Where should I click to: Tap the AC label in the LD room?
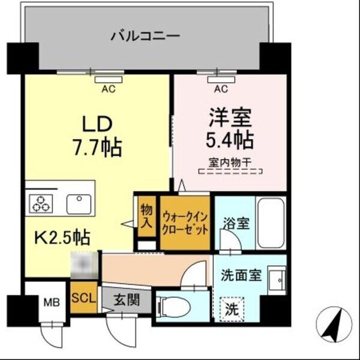108,90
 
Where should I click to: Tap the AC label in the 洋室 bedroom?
220,90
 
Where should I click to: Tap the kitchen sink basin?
78,204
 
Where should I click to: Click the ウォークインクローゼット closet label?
185,221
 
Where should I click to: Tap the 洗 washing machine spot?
231,310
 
